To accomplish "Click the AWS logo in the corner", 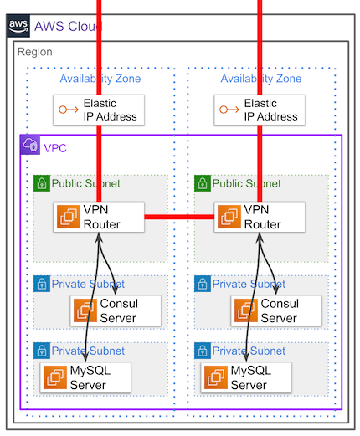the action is click(18, 26).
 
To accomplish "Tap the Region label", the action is click(35, 52).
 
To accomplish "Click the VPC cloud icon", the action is click(30, 145).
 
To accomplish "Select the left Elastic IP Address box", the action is click(99, 110).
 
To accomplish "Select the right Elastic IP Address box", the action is click(260, 110).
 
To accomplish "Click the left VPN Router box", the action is click(99, 217).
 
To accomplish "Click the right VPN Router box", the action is click(260, 217).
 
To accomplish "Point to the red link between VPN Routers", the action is click(179, 217).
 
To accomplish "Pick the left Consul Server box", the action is click(116, 310).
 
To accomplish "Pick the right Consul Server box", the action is click(276, 310).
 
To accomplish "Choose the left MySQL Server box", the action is click(85, 377).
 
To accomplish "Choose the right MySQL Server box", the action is click(246, 377).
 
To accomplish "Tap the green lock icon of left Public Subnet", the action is click(42, 183).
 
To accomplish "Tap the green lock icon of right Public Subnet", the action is click(203, 183).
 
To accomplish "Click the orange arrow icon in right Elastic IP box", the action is click(229, 110).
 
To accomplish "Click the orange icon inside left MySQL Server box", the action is click(55, 377).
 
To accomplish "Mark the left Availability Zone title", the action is click(100, 79).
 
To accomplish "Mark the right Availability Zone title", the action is click(261, 79).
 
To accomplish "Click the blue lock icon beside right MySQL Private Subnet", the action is click(203, 351).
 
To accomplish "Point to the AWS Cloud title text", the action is click(69, 27).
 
